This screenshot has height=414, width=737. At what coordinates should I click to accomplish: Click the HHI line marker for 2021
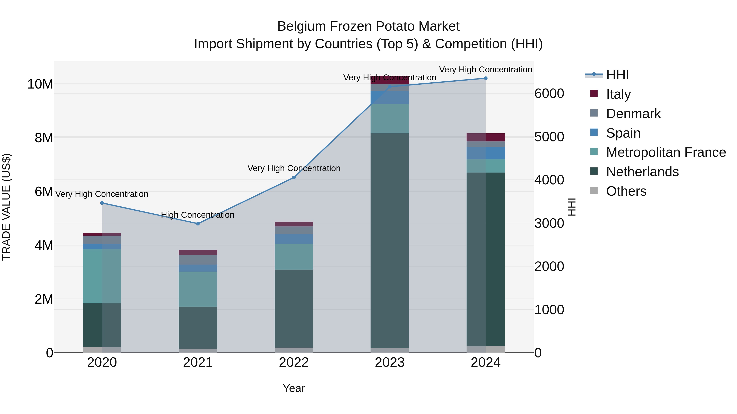[198, 224]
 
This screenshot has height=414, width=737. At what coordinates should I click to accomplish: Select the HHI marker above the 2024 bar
[486, 78]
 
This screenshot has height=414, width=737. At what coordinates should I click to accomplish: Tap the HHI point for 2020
[102, 203]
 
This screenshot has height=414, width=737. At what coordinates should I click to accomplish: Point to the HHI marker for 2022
[294, 177]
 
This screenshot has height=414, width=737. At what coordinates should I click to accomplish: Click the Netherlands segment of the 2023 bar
[390, 240]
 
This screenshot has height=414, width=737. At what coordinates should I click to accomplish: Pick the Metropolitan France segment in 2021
[198, 289]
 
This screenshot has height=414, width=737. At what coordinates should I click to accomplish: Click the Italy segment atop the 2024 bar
[486, 137]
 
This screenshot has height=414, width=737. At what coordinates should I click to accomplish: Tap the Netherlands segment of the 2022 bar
[294, 309]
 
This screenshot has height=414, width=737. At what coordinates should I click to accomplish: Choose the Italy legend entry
[618, 94]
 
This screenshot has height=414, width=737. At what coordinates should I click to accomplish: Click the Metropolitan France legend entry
[666, 152]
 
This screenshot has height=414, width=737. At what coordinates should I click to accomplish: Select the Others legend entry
[626, 191]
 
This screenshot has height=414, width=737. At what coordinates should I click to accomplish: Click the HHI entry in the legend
[617, 75]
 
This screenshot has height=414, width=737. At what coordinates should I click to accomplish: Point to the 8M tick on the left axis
[43, 138]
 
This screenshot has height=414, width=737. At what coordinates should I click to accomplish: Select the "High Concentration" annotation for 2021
[198, 215]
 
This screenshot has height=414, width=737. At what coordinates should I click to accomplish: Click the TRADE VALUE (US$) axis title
[7, 207]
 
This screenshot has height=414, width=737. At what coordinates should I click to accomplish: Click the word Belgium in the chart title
[302, 26]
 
